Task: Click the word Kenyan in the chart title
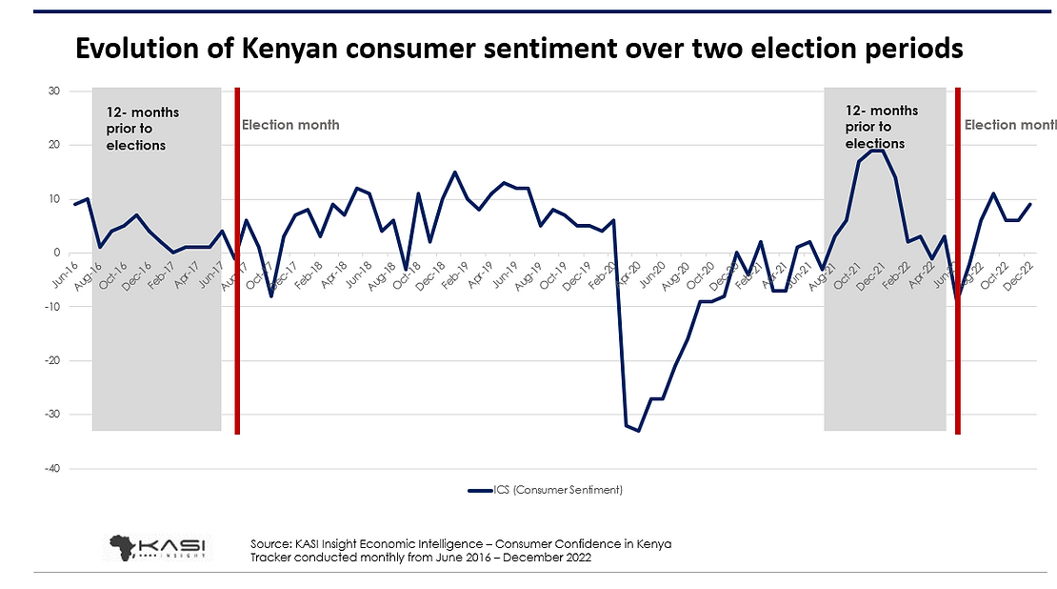(291, 49)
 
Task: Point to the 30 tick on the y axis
(54, 91)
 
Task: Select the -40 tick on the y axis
(51, 468)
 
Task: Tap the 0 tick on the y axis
(57, 253)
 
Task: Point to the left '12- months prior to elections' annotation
(142, 129)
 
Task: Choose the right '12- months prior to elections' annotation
(882, 127)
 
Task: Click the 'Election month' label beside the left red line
(290, 125)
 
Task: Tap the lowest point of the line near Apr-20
(638, 431)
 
